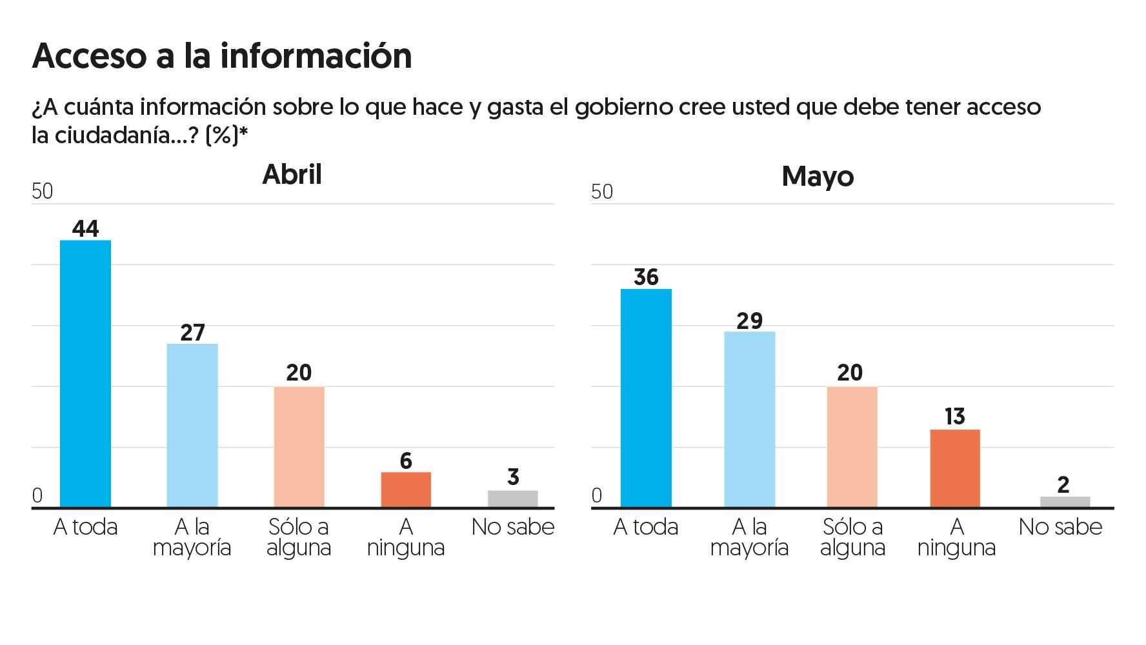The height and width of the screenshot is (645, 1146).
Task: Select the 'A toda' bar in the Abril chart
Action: [85, 374]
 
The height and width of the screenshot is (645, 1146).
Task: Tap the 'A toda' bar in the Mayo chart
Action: [646, 398]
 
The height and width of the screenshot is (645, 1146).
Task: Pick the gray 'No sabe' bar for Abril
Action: [513, 499]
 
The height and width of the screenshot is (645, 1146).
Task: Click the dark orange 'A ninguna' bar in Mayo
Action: [955, 468]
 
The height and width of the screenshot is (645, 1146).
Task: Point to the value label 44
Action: [85, 229]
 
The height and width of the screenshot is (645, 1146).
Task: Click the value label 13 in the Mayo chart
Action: [955, 417]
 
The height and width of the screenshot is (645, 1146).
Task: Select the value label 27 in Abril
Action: [192, 332]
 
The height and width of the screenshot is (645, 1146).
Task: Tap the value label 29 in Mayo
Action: [749, 321]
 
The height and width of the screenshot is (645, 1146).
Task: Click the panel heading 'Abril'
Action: [292, 175]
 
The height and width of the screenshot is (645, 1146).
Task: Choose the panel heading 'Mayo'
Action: [818, 177]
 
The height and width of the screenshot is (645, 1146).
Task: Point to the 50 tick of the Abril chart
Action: [43, 192]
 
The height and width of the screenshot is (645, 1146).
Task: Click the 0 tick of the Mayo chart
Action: [597, 495]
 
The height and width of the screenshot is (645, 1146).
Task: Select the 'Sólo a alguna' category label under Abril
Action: [299, 537]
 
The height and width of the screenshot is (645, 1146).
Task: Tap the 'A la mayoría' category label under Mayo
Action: [749, 537]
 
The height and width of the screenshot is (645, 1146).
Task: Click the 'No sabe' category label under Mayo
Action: [1060, 527]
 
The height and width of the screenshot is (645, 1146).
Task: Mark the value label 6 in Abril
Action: [406, 461]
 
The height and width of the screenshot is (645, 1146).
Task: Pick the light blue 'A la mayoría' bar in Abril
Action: [192, 426]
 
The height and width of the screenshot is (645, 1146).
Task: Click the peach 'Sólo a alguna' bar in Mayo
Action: [852, 447]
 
